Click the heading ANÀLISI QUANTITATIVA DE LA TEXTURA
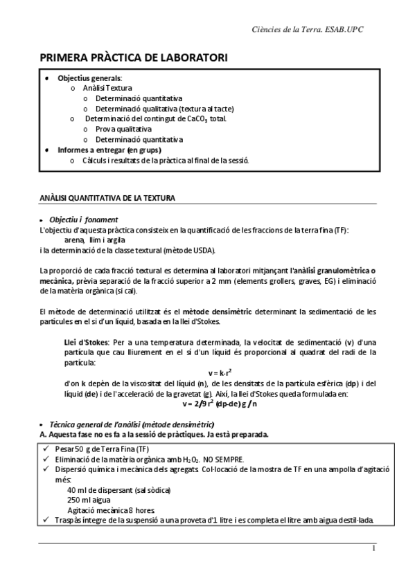107,198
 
